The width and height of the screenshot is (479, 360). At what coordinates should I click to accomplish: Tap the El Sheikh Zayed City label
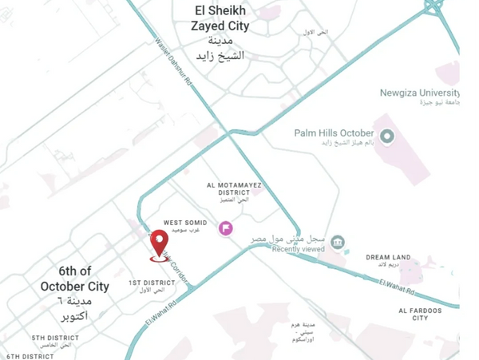coord(220,18)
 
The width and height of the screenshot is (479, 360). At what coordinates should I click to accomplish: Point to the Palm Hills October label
coord(334,133)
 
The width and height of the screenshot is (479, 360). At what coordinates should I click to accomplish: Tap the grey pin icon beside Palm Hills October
coord(387,136)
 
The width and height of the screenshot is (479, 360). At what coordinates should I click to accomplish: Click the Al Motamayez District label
coord(233,188)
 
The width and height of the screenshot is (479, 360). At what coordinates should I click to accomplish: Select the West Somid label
coord(185,223)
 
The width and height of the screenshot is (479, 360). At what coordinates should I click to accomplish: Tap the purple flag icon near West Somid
coord(226,228)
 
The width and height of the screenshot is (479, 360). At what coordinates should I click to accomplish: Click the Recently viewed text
coord(298,249)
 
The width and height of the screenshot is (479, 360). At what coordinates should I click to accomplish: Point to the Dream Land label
coord(389,257)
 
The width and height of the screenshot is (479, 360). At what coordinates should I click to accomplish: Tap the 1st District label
coord(152,283)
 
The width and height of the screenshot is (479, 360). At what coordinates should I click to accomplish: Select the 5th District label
coord(56,338)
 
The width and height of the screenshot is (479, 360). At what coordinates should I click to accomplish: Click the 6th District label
coord(30,356)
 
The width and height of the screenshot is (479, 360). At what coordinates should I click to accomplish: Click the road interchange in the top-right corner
coord(433,6)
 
